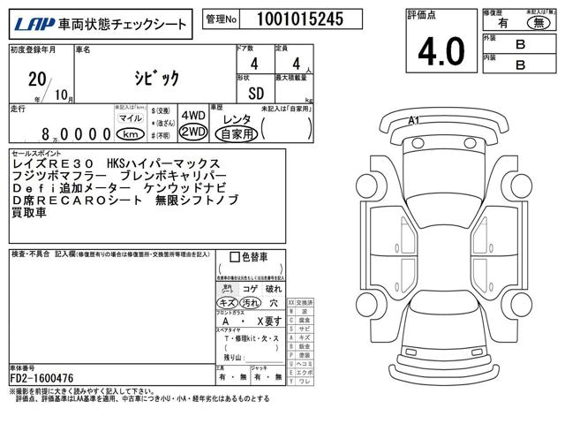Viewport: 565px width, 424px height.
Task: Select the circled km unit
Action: (x=130, y=133)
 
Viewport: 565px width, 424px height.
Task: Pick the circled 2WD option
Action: (x=193, y=132)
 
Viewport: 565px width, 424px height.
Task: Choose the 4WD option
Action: (x=193, y=116)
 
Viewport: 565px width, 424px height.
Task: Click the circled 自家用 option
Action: (x=237, y=133)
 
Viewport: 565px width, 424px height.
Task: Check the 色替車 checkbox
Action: (x=234, y=258)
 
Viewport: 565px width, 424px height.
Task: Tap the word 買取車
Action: (x=31, y=215)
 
